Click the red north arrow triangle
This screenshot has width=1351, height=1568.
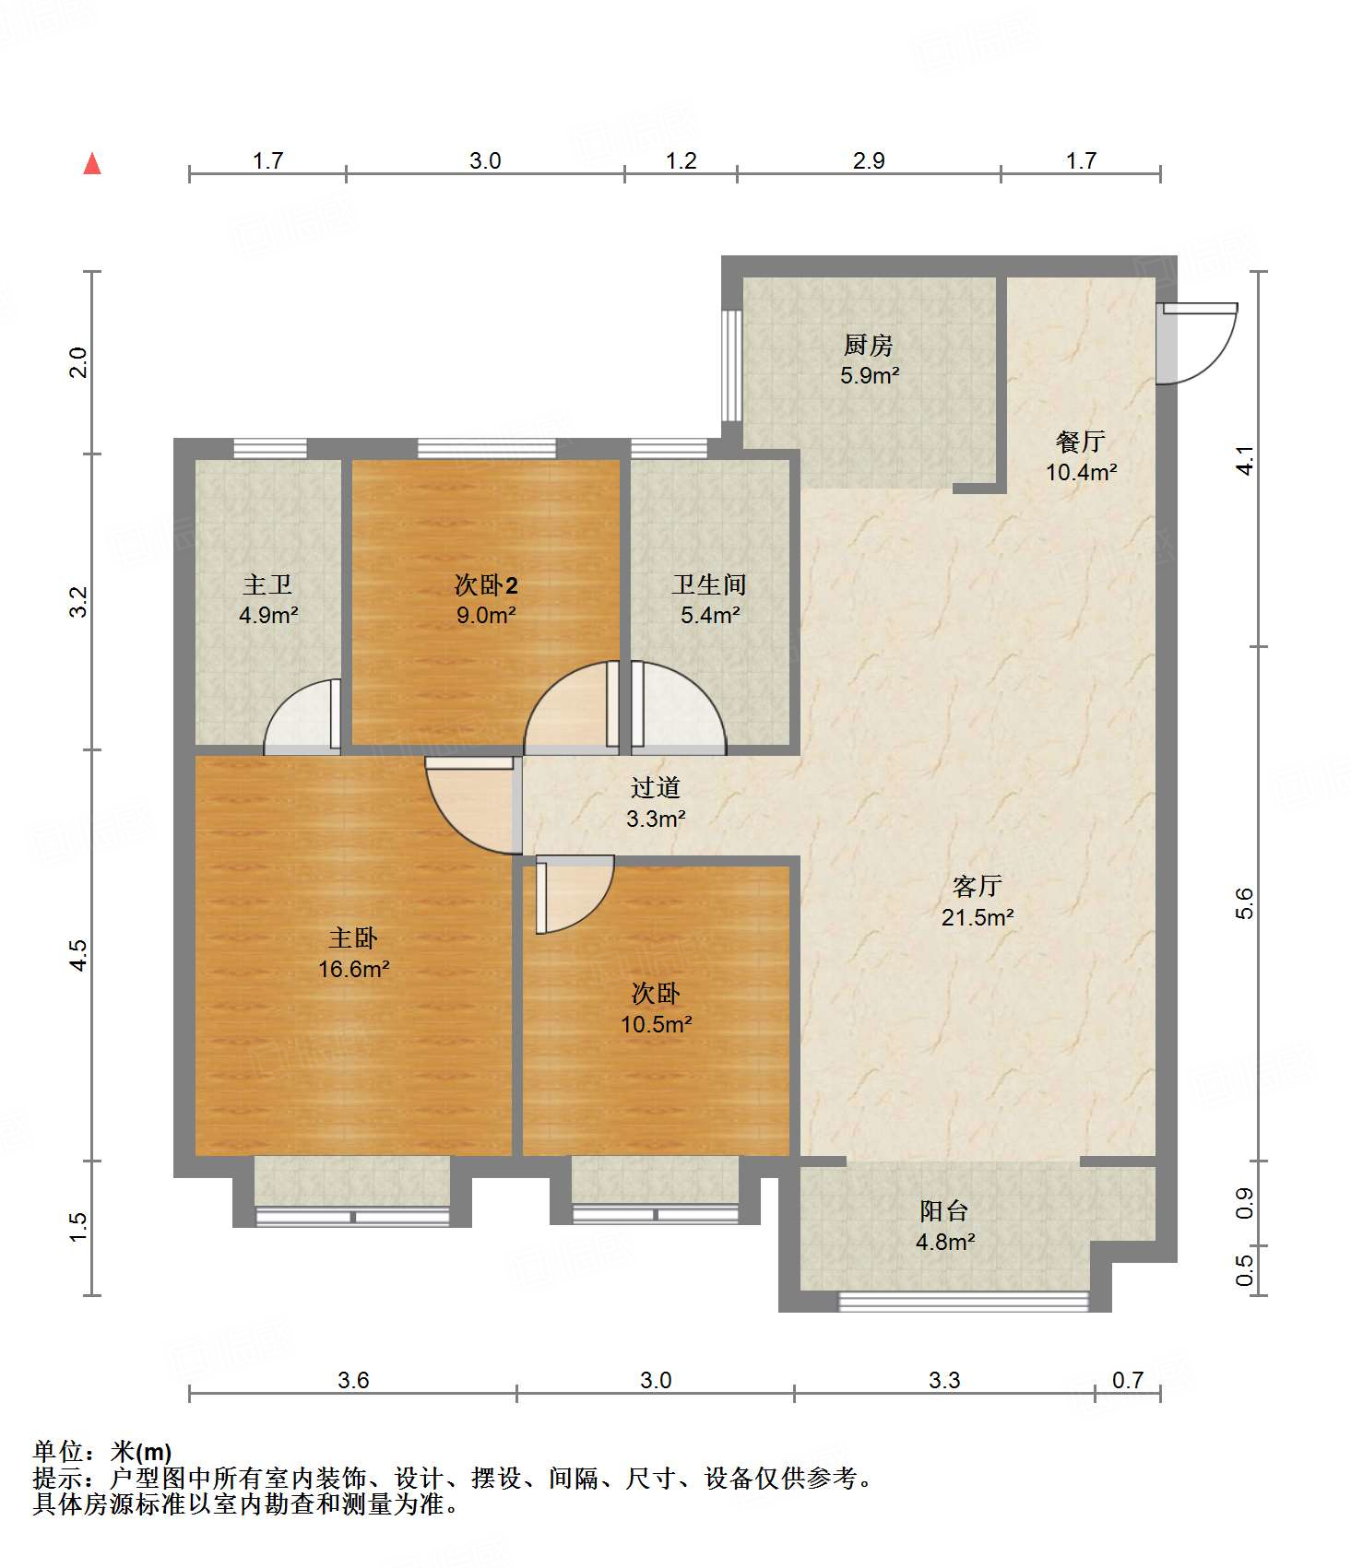[92, 163]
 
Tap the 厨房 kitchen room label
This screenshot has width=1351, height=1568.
[869, 346]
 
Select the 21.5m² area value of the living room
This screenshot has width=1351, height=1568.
[978, 917]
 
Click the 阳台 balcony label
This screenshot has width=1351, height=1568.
[944, 1210]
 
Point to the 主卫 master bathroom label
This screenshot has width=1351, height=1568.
[267, 584]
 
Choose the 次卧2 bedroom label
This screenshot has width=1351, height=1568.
[486, 584]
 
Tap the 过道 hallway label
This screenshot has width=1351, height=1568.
[656, 787]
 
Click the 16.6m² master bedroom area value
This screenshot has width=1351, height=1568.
[354, 969]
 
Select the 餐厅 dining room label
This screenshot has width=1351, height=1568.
[1081, 442]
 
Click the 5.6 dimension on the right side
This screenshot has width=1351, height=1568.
[1244, 903]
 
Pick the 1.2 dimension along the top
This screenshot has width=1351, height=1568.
[681, 161]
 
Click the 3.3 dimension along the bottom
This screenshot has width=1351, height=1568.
[944, 1380]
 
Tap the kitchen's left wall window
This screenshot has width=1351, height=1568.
[731, 365]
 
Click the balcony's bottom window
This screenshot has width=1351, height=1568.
[964, 1302]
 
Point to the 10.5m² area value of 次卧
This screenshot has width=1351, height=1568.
[657, 1024]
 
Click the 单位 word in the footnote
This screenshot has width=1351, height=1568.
[58, 1453]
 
